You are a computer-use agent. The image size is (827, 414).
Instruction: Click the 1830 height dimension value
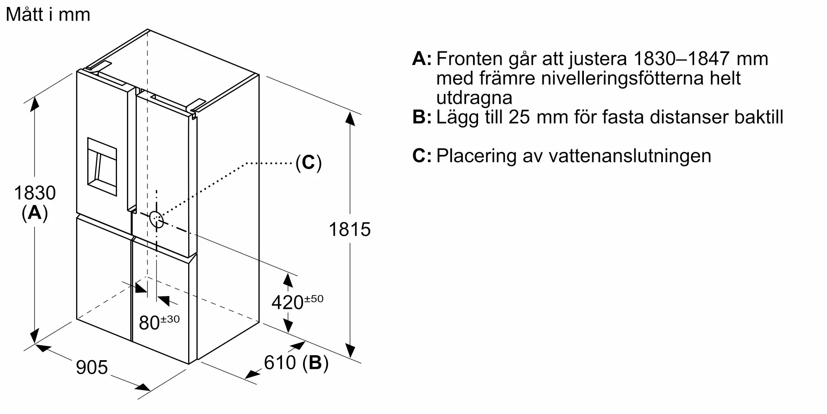[x=35, y=193]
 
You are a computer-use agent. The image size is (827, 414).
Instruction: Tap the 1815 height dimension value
[x=349, y=229]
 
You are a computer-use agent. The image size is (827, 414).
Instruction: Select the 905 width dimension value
[x=92, y=367]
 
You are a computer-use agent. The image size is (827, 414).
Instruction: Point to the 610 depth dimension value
[x=280, y=363]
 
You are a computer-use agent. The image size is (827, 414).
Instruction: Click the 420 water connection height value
[x=287, y=303]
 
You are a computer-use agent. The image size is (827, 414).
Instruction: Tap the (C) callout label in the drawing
[x=308, y=163]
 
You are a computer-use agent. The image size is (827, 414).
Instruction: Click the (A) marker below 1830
[x=35, y=213]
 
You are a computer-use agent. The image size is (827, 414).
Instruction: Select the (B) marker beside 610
[x=315, y=363]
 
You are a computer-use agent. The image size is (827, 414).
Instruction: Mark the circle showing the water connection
[x=157, y=219]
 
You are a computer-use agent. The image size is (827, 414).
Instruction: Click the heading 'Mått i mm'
[x=48, y=14]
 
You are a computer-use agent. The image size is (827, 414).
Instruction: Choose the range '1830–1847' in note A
[x=681, y=59]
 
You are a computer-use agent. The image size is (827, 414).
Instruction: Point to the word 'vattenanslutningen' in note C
[x=630, y=156]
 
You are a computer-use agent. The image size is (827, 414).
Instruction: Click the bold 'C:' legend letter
[x=422, y=156]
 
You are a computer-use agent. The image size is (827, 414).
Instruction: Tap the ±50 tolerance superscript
[x=314, y=299]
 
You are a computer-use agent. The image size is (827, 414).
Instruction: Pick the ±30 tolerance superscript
[x=170, y=319]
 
